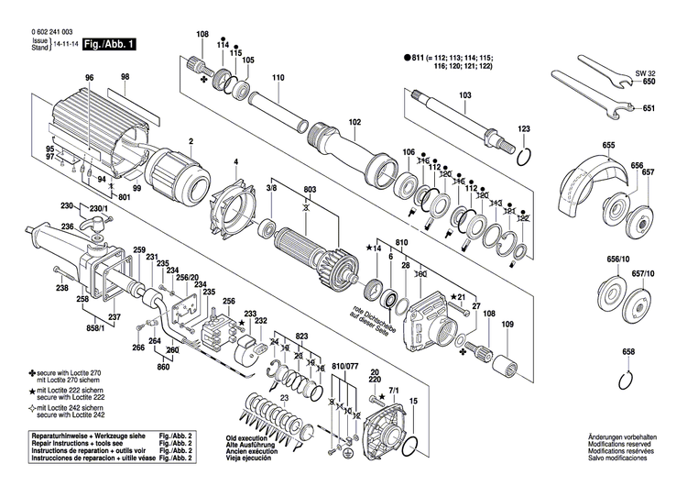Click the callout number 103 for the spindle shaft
[x=464, y=95]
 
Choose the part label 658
[x=628, y=352]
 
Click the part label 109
[x=508, y=325]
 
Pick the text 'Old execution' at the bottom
[x=246, y=439]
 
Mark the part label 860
[x=164, y=367]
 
